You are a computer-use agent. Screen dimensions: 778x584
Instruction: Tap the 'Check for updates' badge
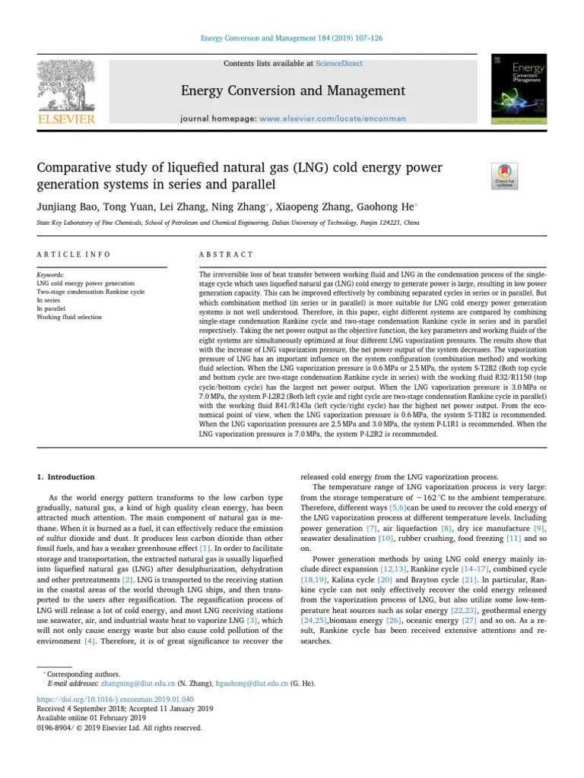click(x=504, y=176)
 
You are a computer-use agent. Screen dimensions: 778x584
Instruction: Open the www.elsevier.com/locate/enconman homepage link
click(x=333, y=119)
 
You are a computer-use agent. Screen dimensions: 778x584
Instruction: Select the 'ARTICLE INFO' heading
click(x=74, y=255)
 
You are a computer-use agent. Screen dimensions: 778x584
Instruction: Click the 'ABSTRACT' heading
click(x=226, y=255)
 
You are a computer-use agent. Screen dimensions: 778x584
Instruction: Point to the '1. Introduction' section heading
click(x=66, y=477)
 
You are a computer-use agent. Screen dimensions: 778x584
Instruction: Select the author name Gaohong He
click(x=381, y=207)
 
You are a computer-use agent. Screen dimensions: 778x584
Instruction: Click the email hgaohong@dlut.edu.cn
click(x=252, y=683)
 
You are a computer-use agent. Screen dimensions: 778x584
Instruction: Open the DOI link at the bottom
click(x=115, y=698)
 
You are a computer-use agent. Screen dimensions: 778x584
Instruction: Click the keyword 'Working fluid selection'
click(x=69, y=317)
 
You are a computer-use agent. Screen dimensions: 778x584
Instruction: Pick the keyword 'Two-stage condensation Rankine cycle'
click(x=88, y=292)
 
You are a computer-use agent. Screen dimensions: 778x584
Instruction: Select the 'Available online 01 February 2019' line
click(x=90, y=717)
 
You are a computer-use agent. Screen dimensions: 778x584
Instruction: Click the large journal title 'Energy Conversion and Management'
click(x=293, y=91)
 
